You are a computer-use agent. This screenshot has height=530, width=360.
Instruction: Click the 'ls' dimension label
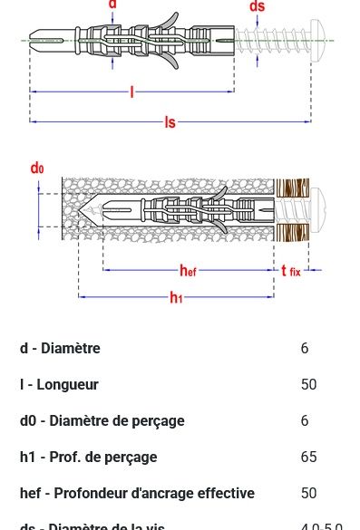coord(170,122)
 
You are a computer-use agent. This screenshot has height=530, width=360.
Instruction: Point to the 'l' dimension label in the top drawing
coord(131,92)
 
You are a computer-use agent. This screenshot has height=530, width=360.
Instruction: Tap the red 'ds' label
coord(258,7)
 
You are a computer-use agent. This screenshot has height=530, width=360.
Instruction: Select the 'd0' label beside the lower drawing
coord(37,168)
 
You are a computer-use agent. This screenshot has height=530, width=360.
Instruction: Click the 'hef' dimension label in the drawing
coord(188,271)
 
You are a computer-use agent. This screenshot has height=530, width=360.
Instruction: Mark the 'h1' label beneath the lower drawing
coord(176,298)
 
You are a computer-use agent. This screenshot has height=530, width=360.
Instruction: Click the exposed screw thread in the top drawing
coord(272,40)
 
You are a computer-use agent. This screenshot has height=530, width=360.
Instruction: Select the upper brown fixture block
coord(292,188)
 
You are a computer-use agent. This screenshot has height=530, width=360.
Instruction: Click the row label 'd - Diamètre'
coord(60,349)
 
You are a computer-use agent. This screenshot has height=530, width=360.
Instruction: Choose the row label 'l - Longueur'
coord(59,385)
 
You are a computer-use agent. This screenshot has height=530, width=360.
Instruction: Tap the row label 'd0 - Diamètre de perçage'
coord(102,421)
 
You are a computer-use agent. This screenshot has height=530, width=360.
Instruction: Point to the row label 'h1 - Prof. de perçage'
coord(88,458)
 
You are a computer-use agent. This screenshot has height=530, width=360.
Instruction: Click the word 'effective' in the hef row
coord(223,494)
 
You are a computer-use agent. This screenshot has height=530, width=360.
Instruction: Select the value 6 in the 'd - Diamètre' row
coord(305,349)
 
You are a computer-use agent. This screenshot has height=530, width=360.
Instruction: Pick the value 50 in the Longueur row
coord(308,385)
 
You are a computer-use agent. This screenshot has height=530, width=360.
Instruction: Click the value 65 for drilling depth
coord(308,458)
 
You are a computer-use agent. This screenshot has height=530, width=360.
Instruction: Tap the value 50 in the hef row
coord(308,494)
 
